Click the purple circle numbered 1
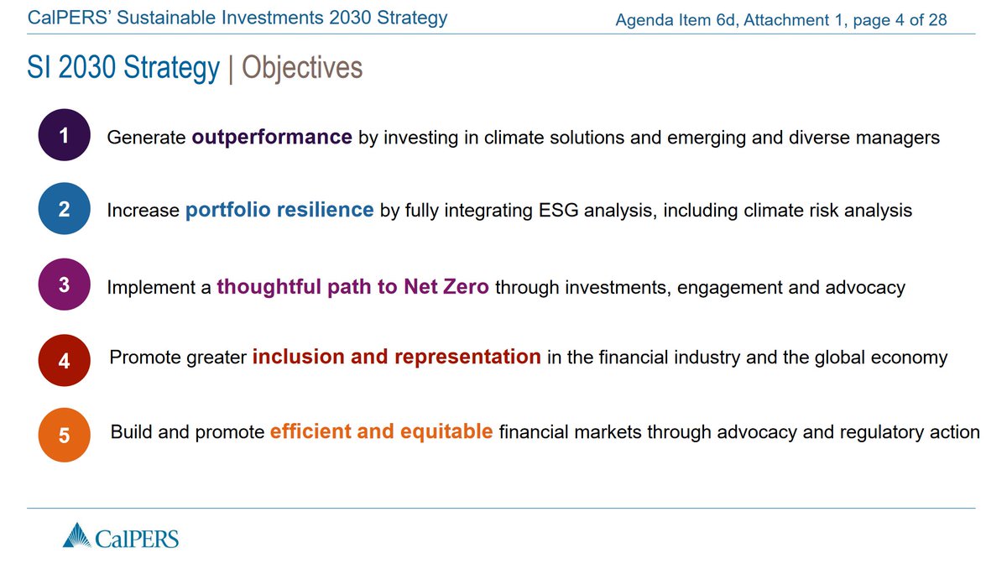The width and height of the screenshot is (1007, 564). pyautogui.click(x=64, y=135)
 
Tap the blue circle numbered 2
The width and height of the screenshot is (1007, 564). pyautogui.click(x=64, y=209)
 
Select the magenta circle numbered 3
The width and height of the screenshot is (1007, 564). pyautogui.click(x=64, y=285)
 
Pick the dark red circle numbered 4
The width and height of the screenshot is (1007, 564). pyautogui.click(x=64, y=361)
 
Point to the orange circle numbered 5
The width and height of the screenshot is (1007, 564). pyautogui.click(x=64, y=436)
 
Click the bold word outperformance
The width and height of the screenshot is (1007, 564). pyautogui.click(x=272, y=137)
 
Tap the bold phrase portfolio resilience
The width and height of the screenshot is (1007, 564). pyautogui.click(x=279, y=210)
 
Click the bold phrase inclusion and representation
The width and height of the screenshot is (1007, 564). pyautogui.click(x=397, y=358)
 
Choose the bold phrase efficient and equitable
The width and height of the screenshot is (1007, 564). pyautogui.click(x=381, y=432)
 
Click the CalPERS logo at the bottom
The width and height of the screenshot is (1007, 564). pyautogui.click(x=121, y=535)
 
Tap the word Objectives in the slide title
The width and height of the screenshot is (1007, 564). pyautogui.click(x=302, y=68)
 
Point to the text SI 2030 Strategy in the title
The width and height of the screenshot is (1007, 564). pyautogui.click(x=123, y=68)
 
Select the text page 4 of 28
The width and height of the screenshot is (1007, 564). pyautogui.click(x=900, y=19)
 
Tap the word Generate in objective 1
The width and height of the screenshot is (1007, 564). pyautogui.click(x=146, y=138)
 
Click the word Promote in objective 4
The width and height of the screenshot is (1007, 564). pyautogui.click(x=144, y=358)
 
